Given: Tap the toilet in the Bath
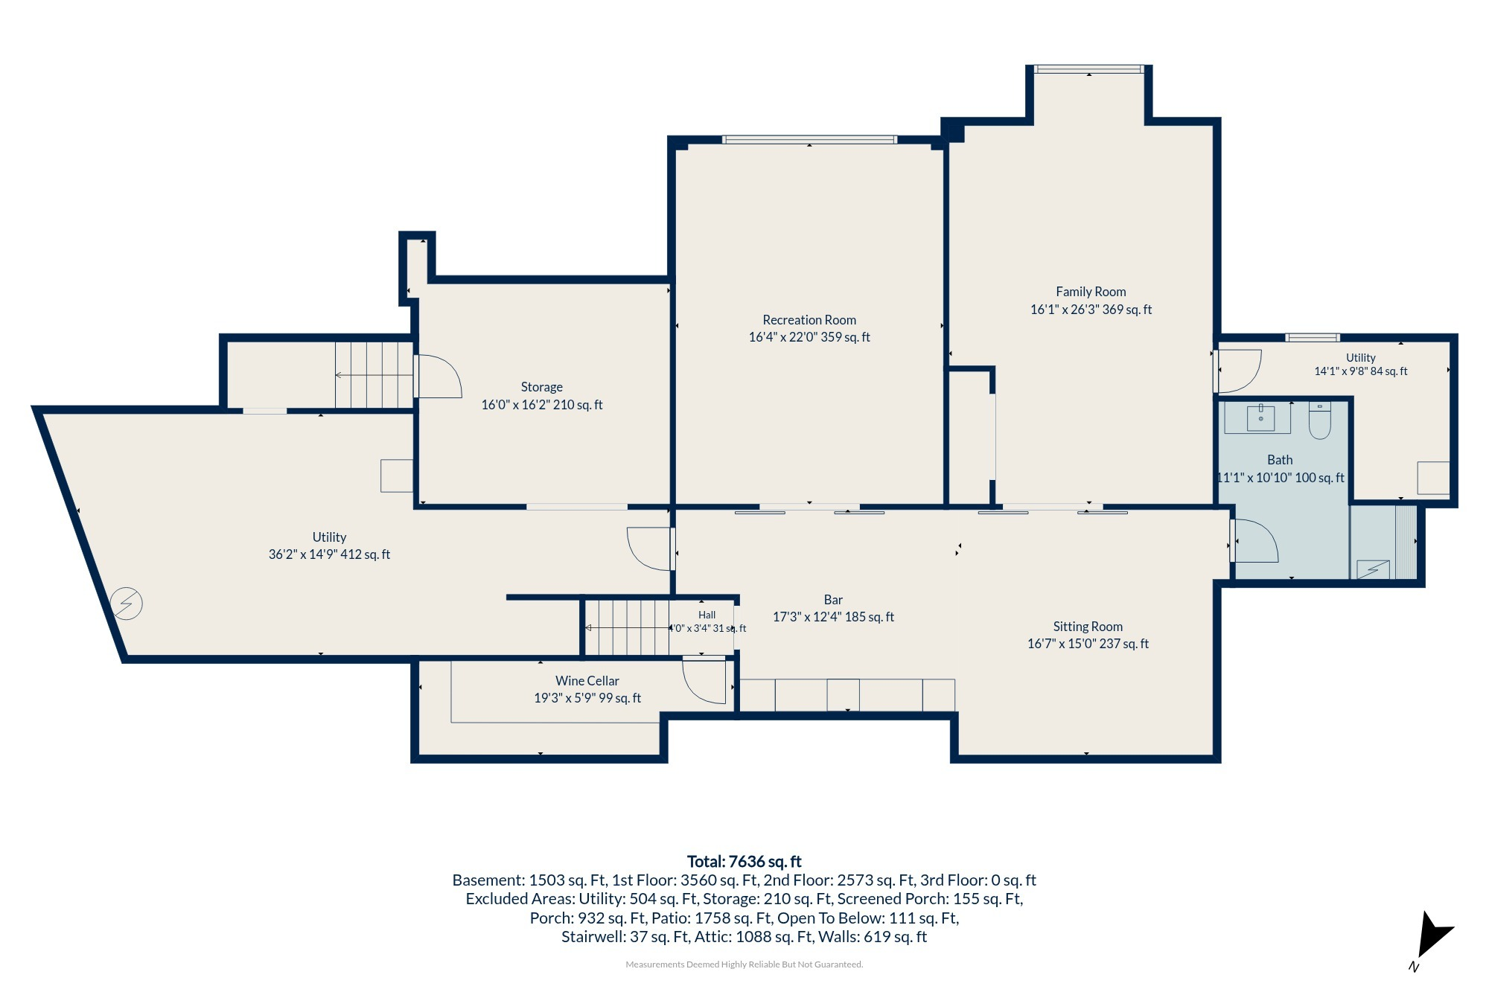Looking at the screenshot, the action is [x=1319, y=420].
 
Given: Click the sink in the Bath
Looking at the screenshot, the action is [x=1258, y=417].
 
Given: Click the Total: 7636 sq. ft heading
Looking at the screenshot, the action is [x=744, y=861].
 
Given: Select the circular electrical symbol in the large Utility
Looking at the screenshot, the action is [x=127, y=604].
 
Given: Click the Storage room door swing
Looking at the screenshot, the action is [x=438, y=377].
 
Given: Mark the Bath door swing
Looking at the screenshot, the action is [x=1254, y=541].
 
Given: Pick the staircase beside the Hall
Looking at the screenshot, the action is [x=628, y=627].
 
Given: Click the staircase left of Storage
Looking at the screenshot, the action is [x=374, y=375].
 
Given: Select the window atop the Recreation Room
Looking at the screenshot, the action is [x=809, y=140].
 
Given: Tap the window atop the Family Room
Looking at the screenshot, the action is [x=1089, y=69].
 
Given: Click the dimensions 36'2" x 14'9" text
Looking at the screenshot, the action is [x=329, y=554].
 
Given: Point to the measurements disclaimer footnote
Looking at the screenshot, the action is [x=744, y=964].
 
